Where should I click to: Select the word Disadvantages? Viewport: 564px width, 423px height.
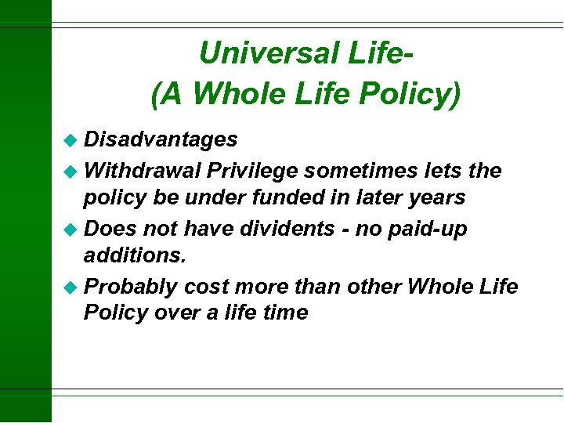(161, 139)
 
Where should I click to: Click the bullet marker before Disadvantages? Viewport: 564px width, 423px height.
(72, 140)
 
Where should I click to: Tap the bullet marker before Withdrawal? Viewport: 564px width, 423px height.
(72, 172)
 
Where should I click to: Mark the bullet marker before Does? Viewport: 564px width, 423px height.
(72, 230)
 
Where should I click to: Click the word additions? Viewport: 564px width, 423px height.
(128, 255)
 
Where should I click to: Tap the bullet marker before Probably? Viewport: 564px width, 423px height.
(72, 287)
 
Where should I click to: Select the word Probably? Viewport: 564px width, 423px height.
(131, 287)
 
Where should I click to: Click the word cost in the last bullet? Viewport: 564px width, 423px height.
(206, 287)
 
